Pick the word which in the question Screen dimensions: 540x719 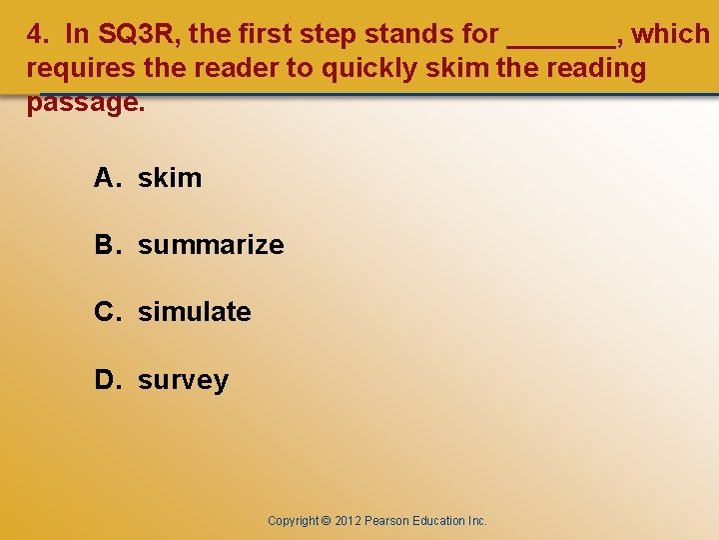(671, 34)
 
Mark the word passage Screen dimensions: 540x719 (86, 103)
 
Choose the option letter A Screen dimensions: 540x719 (105, 178)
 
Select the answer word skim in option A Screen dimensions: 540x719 (170, 178)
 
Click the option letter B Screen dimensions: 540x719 (105, 245)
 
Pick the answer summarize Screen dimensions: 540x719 (211, 245)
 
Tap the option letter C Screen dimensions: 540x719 (105, 312)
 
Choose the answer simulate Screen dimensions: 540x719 (195, 312)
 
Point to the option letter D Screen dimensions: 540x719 (105, 380)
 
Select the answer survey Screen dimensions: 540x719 (183, 381)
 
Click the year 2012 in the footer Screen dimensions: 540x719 (348, 521)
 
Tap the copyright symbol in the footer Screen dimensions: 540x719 (326, 521)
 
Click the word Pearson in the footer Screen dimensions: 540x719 (385, 521)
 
